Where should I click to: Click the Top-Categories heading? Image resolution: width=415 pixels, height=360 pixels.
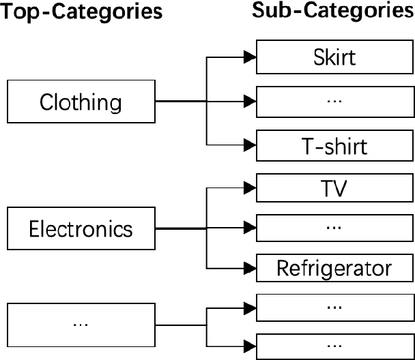[x=82, y=12]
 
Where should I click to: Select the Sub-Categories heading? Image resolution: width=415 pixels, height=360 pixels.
[x=333, y=11]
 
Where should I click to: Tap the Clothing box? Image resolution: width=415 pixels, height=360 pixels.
[x=81, y=103]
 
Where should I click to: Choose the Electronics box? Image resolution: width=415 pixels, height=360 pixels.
[x=81, y=228]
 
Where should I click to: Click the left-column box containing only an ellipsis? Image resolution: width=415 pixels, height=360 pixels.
[x=81, y=323]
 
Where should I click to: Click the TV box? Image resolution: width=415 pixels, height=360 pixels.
[x=334, y=187]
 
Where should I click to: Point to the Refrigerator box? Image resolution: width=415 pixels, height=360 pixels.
[x=334, y=269]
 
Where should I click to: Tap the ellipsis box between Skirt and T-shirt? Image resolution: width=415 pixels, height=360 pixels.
[x=334, y=101]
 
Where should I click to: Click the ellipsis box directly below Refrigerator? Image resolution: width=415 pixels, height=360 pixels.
[x=334, y=306]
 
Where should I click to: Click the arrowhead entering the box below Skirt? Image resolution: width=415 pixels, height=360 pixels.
[x=251, y=102]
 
